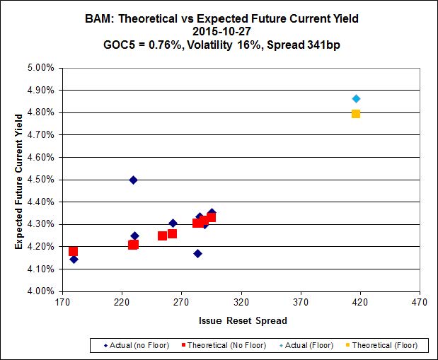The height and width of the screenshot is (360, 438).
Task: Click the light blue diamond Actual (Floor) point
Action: tap(356, 98)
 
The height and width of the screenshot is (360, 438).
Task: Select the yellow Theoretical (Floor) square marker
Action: tap(356, 114)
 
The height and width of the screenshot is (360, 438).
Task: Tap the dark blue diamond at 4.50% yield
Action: tap(133, 180)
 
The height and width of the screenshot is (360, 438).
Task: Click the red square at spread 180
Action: tap(74, 251)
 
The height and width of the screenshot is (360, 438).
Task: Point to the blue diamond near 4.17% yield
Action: tap(197, 253)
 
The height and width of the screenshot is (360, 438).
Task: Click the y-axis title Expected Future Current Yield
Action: tap(18, 180)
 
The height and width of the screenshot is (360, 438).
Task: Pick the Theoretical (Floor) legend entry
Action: tap(384, 346)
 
